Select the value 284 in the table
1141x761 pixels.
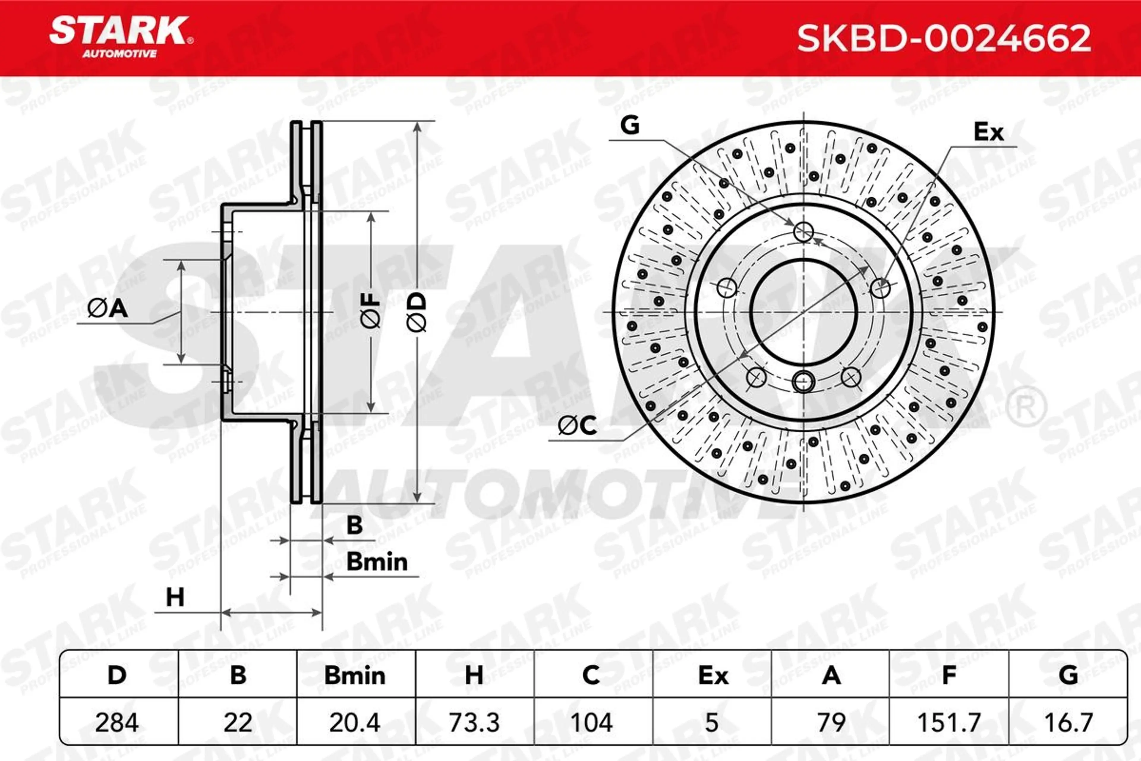[x=117, y=723]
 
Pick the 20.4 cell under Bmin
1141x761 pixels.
[x=354, y=723]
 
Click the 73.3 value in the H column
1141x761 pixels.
[x=474, y=723]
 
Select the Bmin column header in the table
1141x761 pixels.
[x=354, y=676]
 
